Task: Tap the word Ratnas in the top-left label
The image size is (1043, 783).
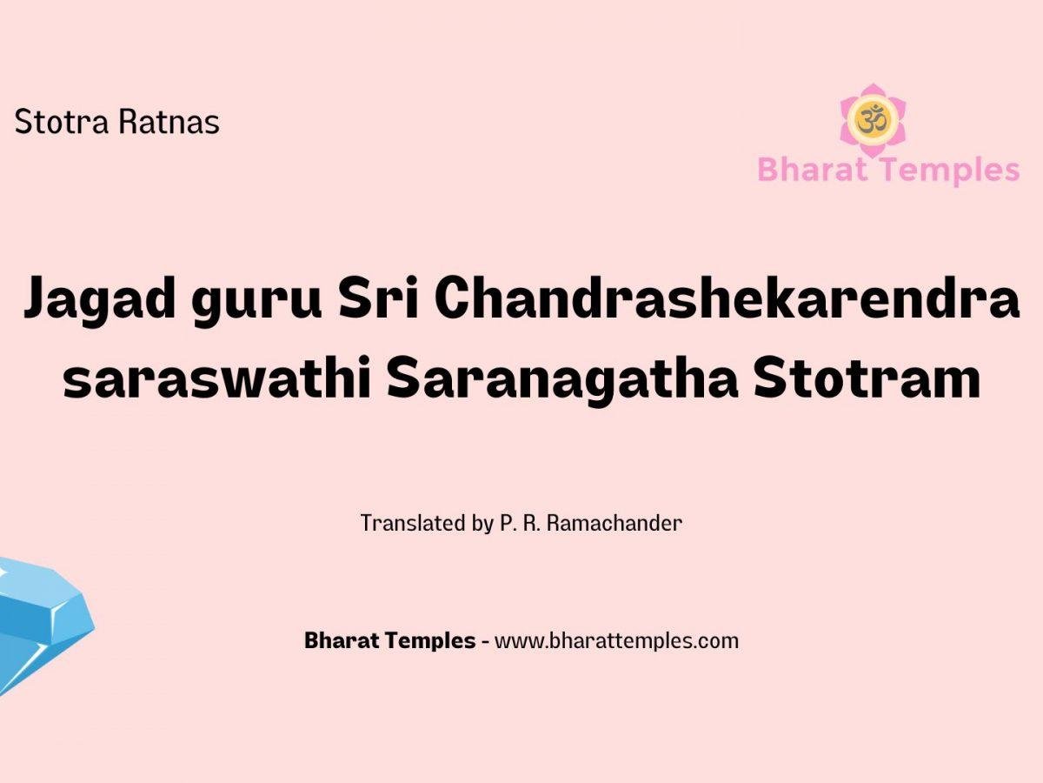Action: click(x=169, y=122)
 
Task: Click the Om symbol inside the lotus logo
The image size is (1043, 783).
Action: click(x=873, y=119)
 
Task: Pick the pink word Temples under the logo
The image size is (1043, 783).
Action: click(x=953, y=171)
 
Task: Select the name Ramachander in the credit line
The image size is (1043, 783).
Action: click(x=615, y=523)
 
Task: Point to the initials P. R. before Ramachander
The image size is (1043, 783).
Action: click(x=520, y=524)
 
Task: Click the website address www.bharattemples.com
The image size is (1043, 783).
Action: click(x=616, y=641)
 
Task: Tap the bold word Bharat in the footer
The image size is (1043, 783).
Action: click(x=342, y=640)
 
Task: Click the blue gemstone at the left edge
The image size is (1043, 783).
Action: click(x=43, y=623)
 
